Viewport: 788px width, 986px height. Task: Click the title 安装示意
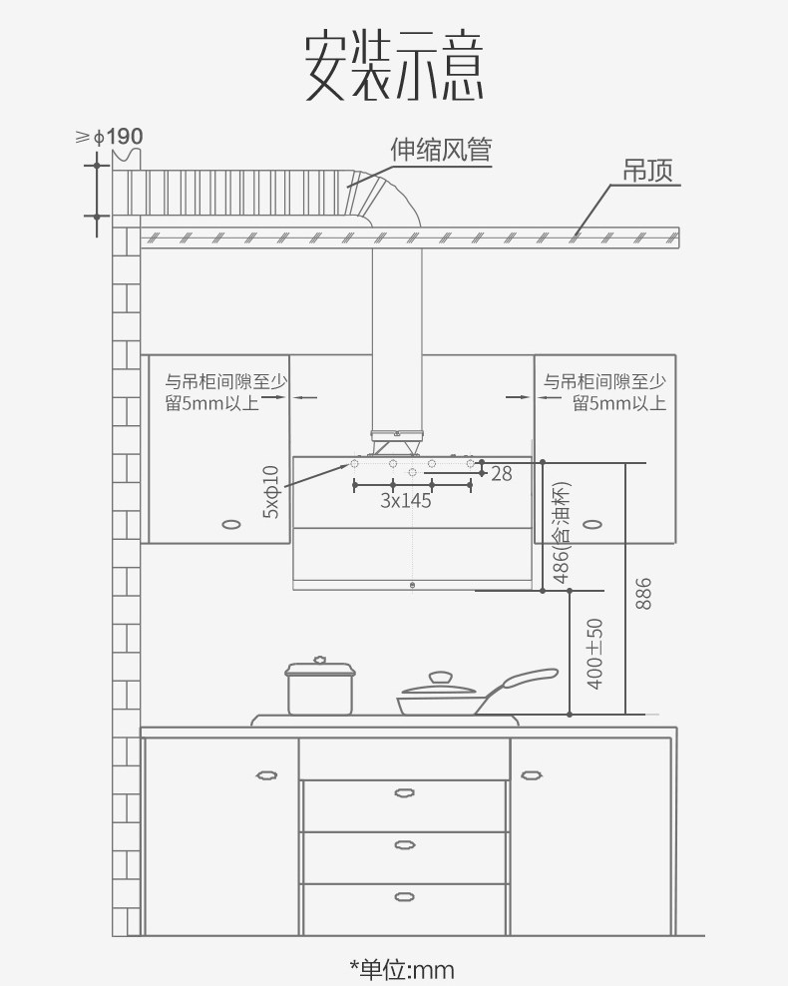click(x=394, y=67)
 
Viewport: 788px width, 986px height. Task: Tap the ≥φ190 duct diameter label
click(x=110, y=137)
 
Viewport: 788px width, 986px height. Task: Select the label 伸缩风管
click(x=441, y=151)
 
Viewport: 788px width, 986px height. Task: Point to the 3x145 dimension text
click(x=406, y=501)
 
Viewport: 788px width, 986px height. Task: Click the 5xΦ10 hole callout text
click(x=271, y=491)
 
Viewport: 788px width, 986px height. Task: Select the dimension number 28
click(x=502, y=474)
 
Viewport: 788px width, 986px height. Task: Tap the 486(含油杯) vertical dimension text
click(x=561, y=533)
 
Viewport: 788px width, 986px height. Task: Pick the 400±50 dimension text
click(x=595, y=653)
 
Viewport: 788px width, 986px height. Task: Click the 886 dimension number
click(x=642, y=594)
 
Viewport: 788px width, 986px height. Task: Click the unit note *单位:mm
click(x=401, y=969)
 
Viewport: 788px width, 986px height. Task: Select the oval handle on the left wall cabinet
click(x=231, y=524)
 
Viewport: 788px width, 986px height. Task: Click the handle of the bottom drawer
click(x=404, y=895)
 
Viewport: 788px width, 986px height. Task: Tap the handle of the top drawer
click(x=404, y=793)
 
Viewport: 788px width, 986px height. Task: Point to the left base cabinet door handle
click(x=266, y=774)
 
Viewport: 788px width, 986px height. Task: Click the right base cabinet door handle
click(x=531, y=774)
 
